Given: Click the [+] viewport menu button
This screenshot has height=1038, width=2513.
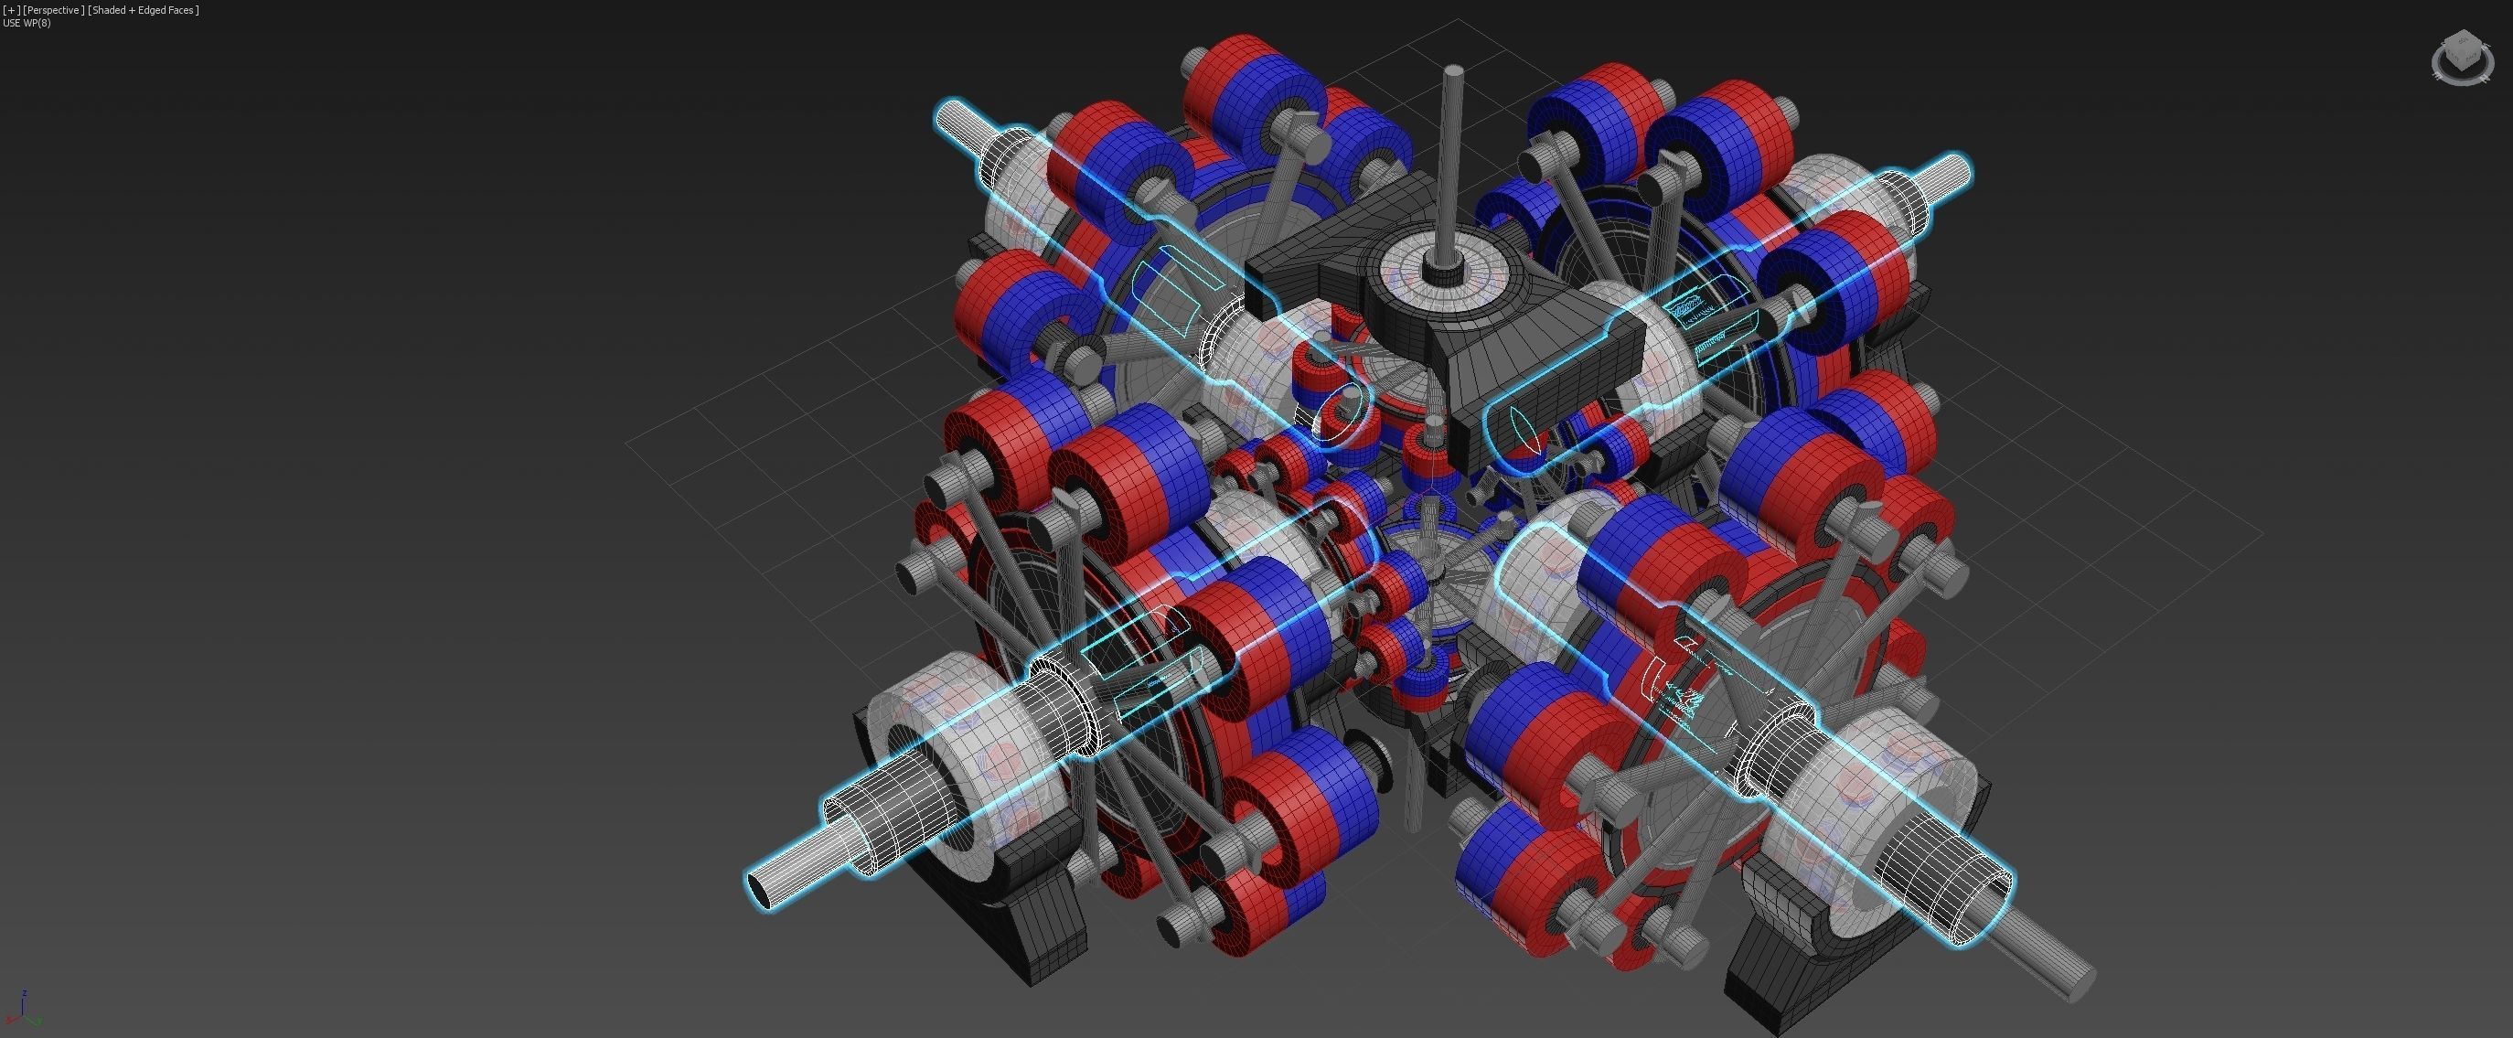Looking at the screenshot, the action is pyautogui.click(x=12, y=10).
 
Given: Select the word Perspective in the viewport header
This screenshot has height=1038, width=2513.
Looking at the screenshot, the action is pyautogui.click(x=54, y=10).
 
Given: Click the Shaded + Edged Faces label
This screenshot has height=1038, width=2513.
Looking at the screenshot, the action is pyautogui.click(x=144, y=10).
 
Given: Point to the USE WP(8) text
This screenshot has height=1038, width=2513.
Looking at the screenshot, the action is pyautogui.click(x=27, y=23).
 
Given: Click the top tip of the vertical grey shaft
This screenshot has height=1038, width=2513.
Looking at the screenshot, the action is pyautogui.click(x=1453, y=71).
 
